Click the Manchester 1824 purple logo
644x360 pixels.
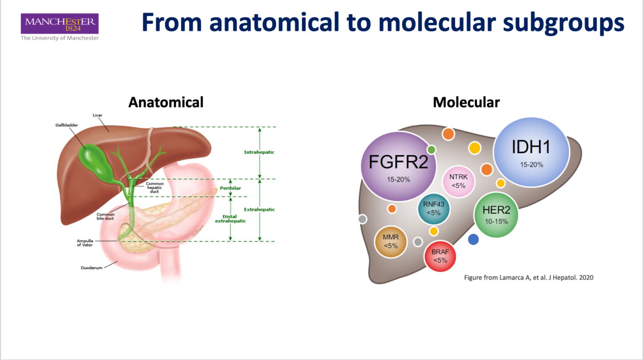coord(60,23)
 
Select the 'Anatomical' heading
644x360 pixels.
coord(166,102)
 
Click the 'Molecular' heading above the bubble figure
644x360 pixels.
coord(466,102)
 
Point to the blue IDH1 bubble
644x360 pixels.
coord(531,152)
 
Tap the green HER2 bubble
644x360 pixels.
coord(496,214)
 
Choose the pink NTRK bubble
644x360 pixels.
coord(458,181)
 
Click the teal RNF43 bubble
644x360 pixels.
coord(434,209)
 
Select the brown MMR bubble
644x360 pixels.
coord(391,241)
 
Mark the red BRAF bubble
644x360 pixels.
coord(440,256)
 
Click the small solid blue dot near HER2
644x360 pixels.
coord(473,239)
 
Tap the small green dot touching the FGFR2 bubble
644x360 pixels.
coord(431,150)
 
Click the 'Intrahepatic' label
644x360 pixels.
coord(259,152)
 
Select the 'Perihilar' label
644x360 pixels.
coord(231,188)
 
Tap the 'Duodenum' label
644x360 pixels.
coord(91,268)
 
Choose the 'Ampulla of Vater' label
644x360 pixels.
coord(85,243)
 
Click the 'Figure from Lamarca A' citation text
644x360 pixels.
coord(528,277)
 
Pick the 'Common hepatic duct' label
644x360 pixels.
coord(155,188)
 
